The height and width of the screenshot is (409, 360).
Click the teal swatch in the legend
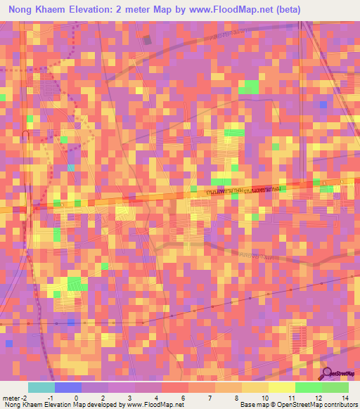click(41, 387)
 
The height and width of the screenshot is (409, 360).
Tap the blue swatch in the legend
click(68, 387)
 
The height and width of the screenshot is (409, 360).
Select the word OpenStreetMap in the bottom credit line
click(297, 405)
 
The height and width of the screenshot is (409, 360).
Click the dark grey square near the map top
click(147, 40)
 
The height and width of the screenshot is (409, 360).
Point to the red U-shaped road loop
click(25, 134)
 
